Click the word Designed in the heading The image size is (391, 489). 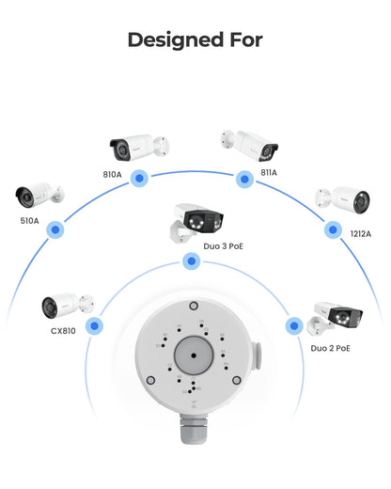(176, 40)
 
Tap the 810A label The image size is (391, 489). (112, 174)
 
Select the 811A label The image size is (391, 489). (269, 172)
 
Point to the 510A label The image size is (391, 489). (29, 221)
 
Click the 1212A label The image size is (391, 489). (361, 233)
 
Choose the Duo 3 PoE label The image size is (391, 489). (223, 246)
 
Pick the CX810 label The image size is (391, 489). (63, 331)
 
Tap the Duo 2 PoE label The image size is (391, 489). (330, 348)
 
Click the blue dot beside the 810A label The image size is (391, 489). (139, 179)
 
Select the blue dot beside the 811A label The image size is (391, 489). (244, 180)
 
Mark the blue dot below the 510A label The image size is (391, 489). (55, 229)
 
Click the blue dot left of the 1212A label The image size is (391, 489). (333, 229)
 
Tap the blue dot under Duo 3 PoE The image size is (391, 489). (191, 260)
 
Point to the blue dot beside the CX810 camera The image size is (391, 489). (94, 325)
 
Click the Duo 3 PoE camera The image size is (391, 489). (196, 222)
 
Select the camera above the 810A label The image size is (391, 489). (139, 148)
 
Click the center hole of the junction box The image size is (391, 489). (194, 355)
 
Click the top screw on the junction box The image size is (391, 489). (194, 306)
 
